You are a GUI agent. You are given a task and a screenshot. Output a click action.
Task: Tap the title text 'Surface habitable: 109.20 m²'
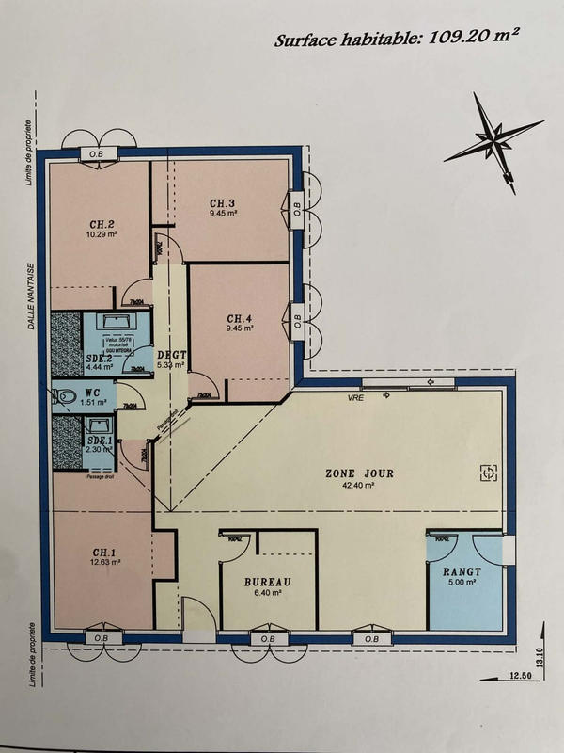397,39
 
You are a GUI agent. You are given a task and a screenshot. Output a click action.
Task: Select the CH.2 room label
102,224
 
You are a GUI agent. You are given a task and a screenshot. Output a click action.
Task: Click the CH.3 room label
223,202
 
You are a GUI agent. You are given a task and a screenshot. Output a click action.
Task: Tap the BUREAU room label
268,582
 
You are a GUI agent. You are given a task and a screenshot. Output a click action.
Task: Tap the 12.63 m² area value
105,563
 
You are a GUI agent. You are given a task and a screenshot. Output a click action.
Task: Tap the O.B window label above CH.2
97,153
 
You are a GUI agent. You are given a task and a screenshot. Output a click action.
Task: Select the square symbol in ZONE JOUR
488,473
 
